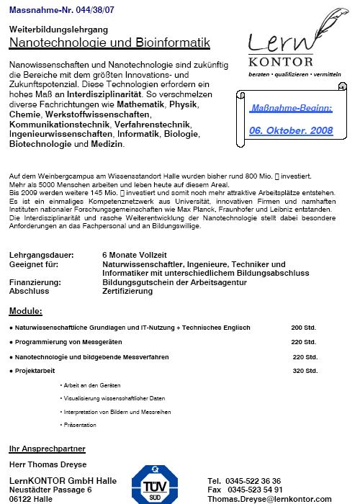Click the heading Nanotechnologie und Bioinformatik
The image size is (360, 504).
pos(109,43)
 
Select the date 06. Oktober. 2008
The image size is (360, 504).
pos(291,130)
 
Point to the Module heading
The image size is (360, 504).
pos(25,311)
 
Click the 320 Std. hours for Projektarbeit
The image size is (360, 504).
pos(305,371)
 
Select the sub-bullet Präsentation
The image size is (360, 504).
pos(81,425)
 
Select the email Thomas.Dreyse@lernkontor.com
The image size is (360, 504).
pos(269,498)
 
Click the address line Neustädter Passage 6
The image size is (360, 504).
pos(50,490)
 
